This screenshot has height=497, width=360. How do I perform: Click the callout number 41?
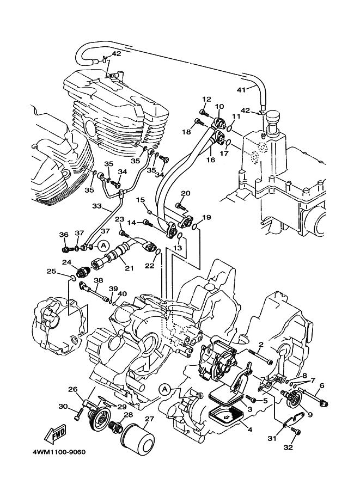click(241, 90)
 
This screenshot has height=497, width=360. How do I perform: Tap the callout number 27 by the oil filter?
click(149, 419)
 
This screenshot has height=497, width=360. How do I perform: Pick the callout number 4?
click(250, 429)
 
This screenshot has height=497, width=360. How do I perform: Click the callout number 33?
click(96, 206)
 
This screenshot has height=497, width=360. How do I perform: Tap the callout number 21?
click(129, 267)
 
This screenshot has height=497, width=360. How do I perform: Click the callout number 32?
click(288, 447)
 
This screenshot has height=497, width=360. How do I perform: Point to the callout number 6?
click(321, 385)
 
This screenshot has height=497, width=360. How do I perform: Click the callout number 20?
click(185, 193)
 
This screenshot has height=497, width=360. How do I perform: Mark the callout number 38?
click(98, 281)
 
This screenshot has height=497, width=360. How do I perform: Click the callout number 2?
click(261, 344)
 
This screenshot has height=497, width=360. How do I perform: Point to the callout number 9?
click(310, 414)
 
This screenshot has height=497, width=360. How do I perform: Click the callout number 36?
click(64, 234)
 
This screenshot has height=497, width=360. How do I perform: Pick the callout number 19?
click(206, 218)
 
